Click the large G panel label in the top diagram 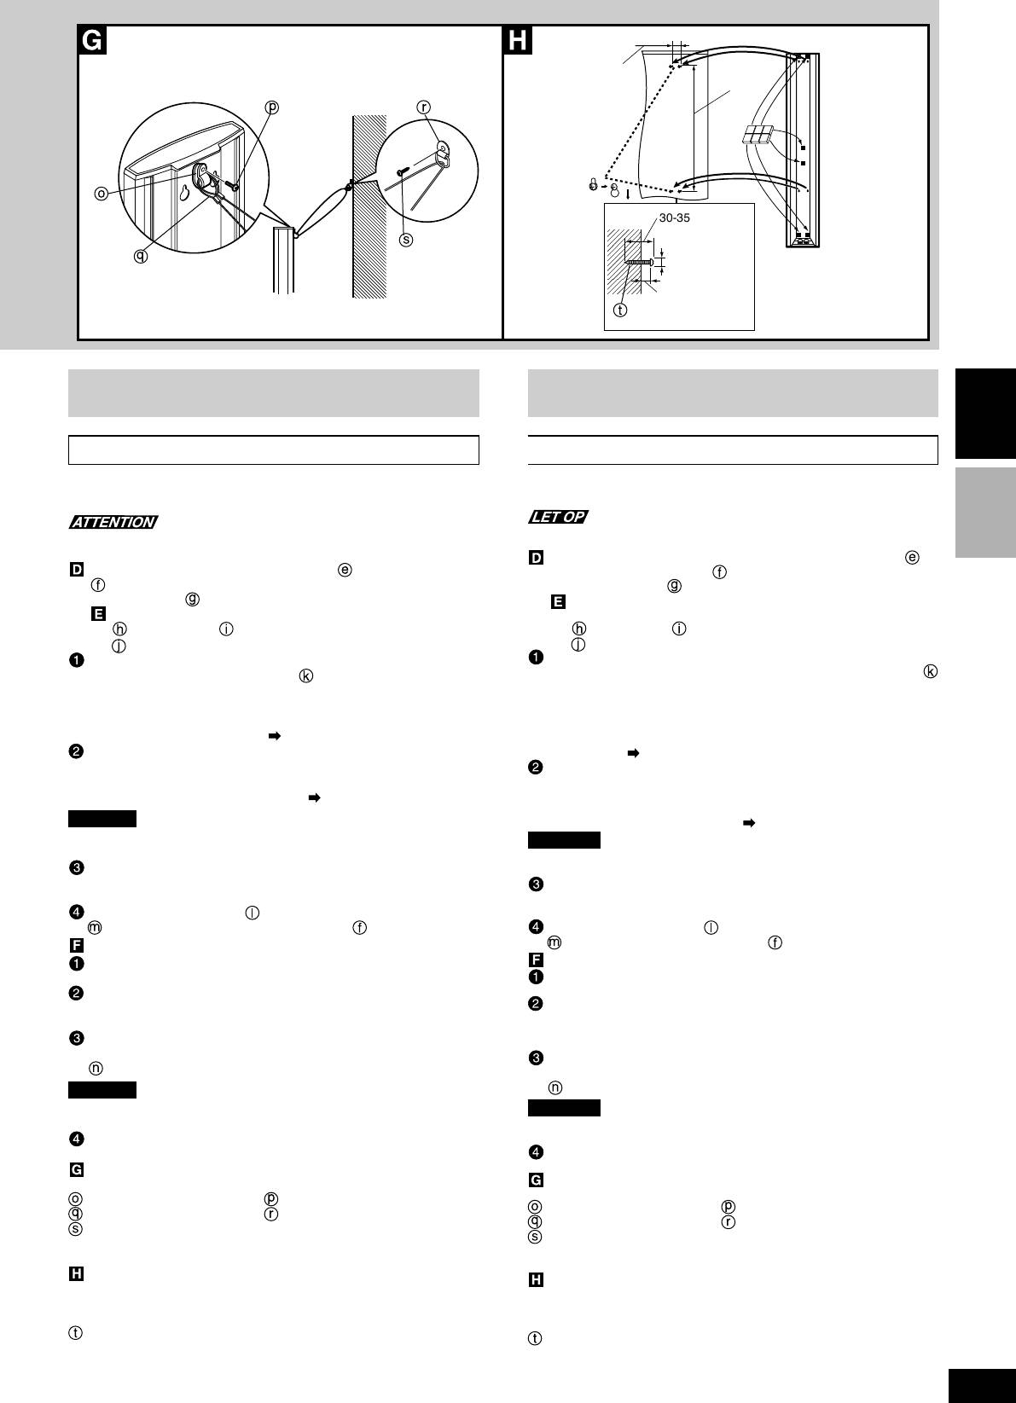coord(92,40)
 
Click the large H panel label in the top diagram coord(518,40)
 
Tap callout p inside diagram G coord(272,107)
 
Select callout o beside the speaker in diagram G coord(101,194)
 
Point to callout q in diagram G coord(141,256)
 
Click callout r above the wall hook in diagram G coord(424,107)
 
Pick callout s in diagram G coord(406,240)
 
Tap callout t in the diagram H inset coord(620,310)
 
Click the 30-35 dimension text coord(674,218)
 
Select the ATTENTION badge coord(113,522)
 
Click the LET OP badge coord(559,517)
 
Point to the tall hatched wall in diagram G coord(369,206)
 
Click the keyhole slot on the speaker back coord(184,194)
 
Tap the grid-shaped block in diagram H coord(758,136)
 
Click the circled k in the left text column coord(305,675)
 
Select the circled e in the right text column coord(912,558)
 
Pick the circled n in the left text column coord(96,1068)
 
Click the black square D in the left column coord(77,570)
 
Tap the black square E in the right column coord(558,602)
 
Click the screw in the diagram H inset coord(639,262)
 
